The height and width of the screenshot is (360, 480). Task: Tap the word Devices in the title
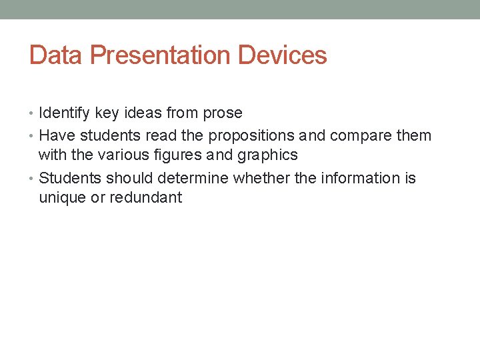[282, 55]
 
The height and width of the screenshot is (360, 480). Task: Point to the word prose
[222, 113]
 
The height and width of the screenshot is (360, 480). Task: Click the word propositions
[251, 136]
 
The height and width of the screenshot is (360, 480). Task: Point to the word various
[109, 155]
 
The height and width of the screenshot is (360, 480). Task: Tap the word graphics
[267, 155]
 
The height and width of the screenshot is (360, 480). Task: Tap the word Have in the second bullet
[55, 136]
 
